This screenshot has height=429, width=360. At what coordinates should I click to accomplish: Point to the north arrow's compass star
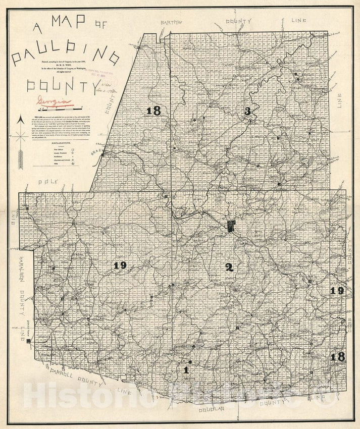21,136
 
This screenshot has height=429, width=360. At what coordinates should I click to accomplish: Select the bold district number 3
247,111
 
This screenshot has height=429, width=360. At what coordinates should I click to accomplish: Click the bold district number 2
229,267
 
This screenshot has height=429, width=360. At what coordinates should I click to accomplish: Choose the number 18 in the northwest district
153,111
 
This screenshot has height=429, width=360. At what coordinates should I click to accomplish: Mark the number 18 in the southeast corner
338,356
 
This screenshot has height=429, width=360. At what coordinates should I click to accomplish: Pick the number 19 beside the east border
337,291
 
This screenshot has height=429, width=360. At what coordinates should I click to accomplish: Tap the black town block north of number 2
232,226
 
